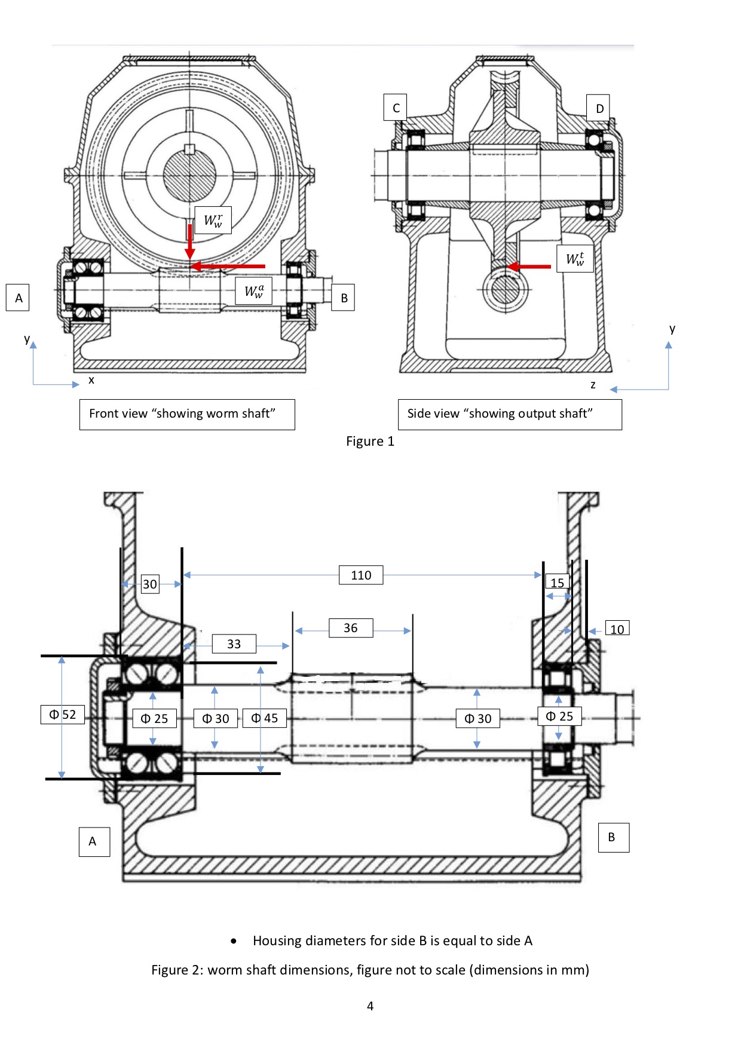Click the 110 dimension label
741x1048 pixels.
[361, 575]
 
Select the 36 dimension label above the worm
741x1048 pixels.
[351, 628]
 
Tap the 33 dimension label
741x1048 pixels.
[234, 644]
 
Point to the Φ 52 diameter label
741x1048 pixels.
[63, 715]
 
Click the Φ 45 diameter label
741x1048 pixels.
[264, 718]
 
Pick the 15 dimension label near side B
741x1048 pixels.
[557, 583]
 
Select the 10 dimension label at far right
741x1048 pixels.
[617, 629]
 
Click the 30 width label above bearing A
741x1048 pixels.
[150, 584]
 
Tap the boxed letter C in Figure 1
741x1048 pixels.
[396, 108]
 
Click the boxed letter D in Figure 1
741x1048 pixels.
[599, 109]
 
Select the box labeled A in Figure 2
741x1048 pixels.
[94, 841]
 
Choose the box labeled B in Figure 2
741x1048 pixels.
[613, 837]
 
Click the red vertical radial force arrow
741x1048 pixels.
[190, 242]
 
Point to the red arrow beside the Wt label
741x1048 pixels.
[529, 266]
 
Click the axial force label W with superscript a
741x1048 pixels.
[254, 291]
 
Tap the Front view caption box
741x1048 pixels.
[187, 414]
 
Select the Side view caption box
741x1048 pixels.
[510, 414]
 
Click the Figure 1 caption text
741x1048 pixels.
[370, 442]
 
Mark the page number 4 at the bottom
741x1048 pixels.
[370, 1006]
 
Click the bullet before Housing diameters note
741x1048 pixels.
[234, 941]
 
